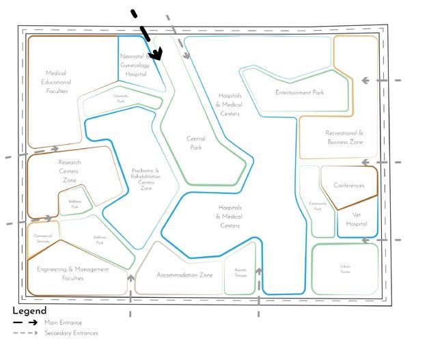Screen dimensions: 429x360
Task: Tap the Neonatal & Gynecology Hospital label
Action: pyautogui.click(x=134, y=64)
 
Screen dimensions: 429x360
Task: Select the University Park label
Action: pyautogui.click(x=120, y=99)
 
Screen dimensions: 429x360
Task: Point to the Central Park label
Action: pyautogui.click(x=196, y=143)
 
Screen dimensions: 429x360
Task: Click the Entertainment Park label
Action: pyautogui.click(x=299, y=92)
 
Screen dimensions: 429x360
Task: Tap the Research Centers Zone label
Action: pyautogui.click(x=69, y=171)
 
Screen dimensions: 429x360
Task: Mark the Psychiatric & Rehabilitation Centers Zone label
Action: pyautogui.click(x=146, y=179)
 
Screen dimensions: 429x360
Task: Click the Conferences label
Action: pyautogui.click(x=349, y=185)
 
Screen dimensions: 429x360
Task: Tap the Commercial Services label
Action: pyautogui.click(x=43, y=238)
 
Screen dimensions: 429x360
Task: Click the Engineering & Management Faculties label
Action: pyautogui.click(x=73, y=273)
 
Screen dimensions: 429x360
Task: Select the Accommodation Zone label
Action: pyautogui.click(x=184, y=275)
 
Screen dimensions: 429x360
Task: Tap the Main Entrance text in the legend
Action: pyautogui.click(x=62, y=322)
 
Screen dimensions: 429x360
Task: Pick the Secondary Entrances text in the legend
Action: pyautogui.click(x=71, y=333)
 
